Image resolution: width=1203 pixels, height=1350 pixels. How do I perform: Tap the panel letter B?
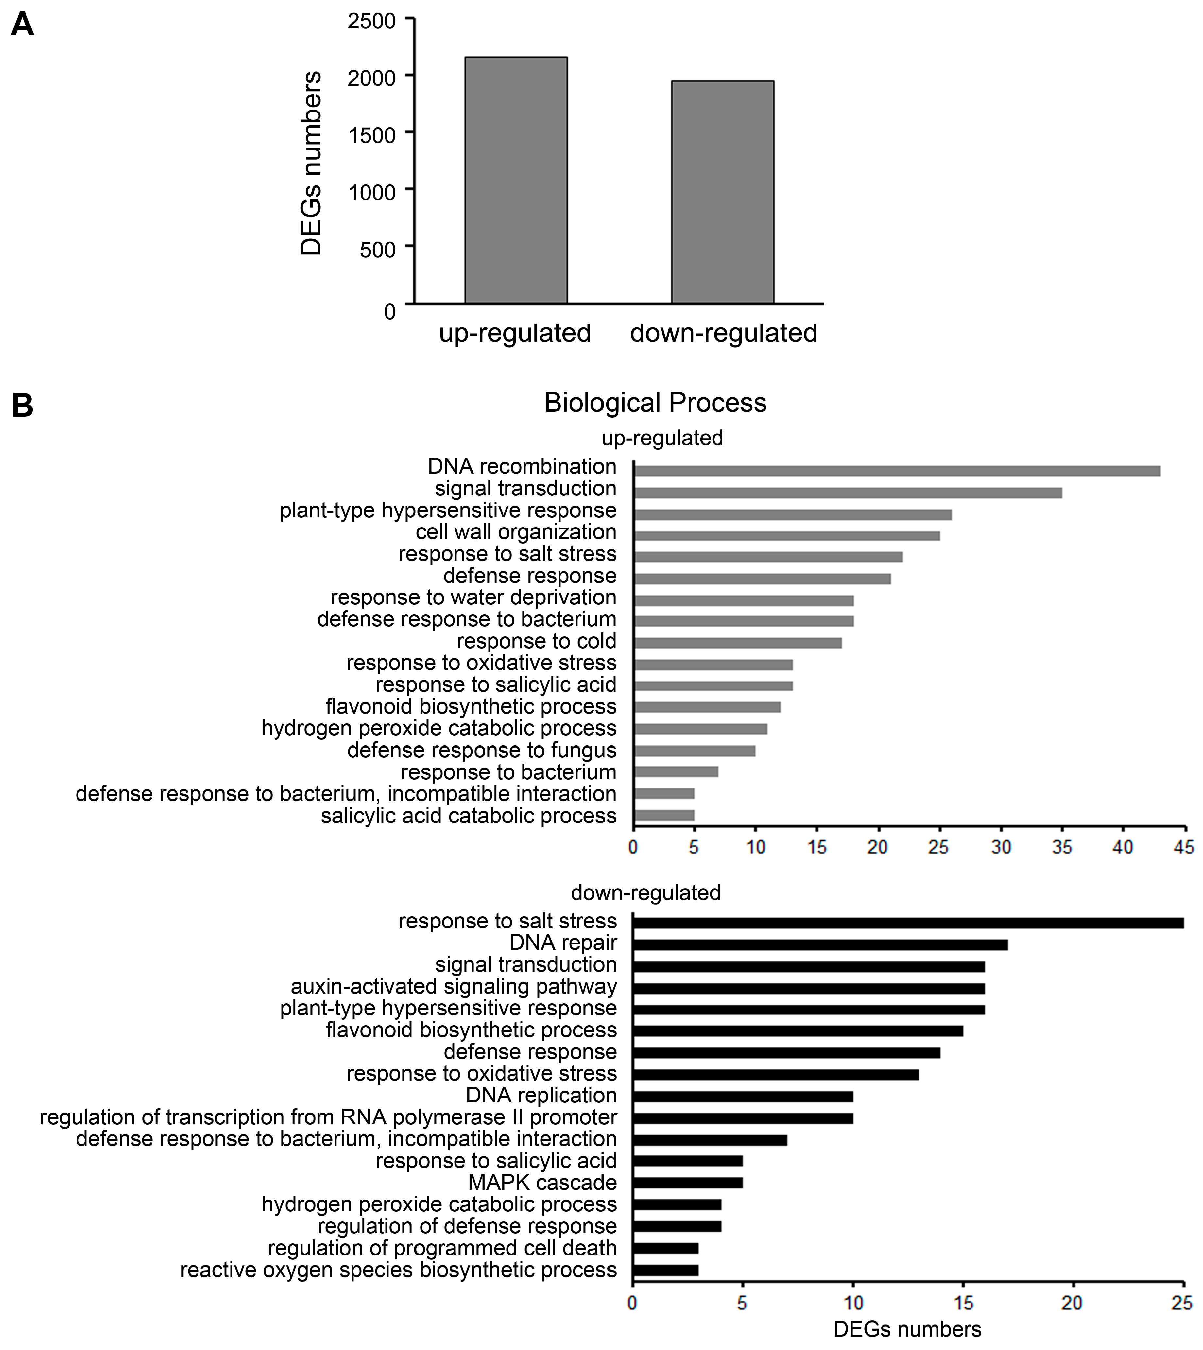(x=23, y=405)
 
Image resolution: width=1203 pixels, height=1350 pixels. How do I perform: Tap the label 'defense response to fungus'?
(x=482, y=750)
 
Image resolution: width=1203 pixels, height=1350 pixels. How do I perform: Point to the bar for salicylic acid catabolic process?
(x=664, y=815)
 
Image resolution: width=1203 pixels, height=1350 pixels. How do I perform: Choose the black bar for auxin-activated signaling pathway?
(x=808, y=988)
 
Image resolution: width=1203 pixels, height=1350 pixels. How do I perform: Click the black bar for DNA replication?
(x=742, y=1097)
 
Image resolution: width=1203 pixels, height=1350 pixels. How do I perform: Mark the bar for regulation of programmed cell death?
(x=665, y=1248)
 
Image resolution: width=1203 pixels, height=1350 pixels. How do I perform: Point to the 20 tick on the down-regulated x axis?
(x=1072, y=1303)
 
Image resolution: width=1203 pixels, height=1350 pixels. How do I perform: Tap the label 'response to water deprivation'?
(x=473, y=597)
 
